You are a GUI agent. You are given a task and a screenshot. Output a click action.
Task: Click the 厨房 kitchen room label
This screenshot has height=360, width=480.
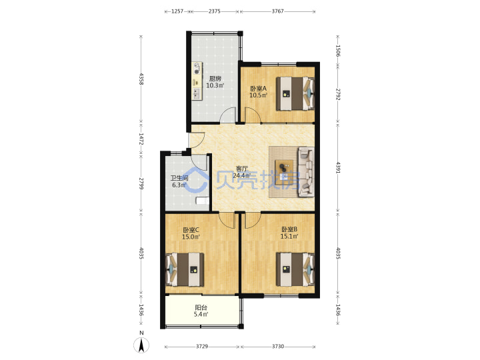point(215,79)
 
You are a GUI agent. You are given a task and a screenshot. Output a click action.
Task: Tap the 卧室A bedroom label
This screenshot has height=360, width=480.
point(259,89)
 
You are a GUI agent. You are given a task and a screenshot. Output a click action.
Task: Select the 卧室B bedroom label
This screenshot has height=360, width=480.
point(289,229)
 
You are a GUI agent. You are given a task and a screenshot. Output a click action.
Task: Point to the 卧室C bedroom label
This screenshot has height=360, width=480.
point(191,230)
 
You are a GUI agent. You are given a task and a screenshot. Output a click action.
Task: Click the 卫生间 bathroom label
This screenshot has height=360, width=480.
point(179,178)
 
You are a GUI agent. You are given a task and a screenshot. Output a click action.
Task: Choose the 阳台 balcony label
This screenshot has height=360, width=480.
point(201,307)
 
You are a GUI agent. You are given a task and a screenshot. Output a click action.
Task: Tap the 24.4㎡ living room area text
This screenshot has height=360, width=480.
point(242,176)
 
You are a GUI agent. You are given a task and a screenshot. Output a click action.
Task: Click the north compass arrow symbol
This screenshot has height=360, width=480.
point(141,345)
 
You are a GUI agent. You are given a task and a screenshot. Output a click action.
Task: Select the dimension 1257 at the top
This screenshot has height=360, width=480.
point(177,11)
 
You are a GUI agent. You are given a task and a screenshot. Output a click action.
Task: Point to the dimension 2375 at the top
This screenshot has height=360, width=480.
point(214,11)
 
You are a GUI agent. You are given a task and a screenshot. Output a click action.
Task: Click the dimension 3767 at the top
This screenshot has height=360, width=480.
point(277,11)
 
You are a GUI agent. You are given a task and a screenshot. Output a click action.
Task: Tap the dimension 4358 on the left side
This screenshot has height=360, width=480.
point(141,79)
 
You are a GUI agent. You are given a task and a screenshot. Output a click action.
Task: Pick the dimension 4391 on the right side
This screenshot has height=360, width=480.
point(338,167)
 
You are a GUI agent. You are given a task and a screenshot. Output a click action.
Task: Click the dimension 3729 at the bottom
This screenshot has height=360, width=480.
point(202,347)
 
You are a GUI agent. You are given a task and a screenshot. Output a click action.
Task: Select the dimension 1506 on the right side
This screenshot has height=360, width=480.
point(338,51)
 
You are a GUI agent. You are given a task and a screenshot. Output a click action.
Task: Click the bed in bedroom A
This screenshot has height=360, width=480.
point(295,93)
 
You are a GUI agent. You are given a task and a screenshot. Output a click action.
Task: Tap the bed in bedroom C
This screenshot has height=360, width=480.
point(185,269)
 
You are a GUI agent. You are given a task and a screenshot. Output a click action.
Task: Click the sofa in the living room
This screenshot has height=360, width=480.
point(306,172)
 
